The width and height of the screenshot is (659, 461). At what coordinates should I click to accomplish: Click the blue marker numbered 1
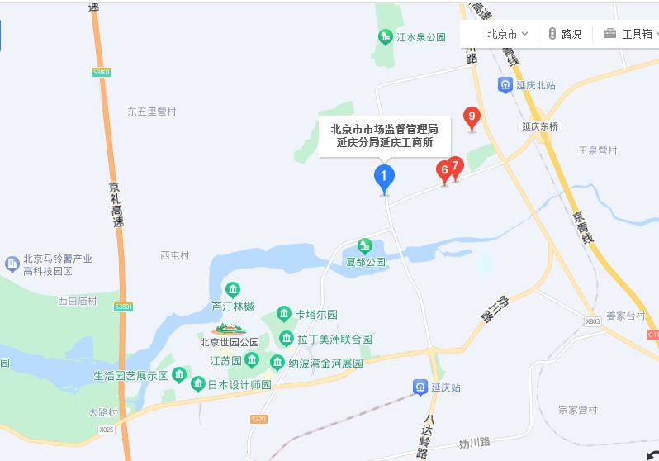(x=384, y=177)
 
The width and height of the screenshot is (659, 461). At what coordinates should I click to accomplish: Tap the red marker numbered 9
(x=472, y=117)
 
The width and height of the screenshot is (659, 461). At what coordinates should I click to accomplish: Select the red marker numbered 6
(x=444, y=170)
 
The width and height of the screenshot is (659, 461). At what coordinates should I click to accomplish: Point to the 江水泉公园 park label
(x=420, y=37)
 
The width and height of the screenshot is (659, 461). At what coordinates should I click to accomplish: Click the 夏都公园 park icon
(x=365, y=245)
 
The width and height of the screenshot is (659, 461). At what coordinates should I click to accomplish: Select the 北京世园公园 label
(x=230, y=342)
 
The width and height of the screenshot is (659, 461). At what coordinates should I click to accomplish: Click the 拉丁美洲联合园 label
(x=334, y=339)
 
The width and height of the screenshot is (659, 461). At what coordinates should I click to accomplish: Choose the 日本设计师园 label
(x=239, y=384)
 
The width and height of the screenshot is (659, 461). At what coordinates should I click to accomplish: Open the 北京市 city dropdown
(x=507, y=34)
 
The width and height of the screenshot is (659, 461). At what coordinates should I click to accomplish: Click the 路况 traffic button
(x=565, y=34)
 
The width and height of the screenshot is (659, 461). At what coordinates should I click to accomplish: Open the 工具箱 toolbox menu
(x=631, y=34)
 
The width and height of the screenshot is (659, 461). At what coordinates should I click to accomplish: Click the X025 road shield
(x=107, y=430)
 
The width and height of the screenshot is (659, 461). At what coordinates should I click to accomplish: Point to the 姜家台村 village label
(x=625, y=316)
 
